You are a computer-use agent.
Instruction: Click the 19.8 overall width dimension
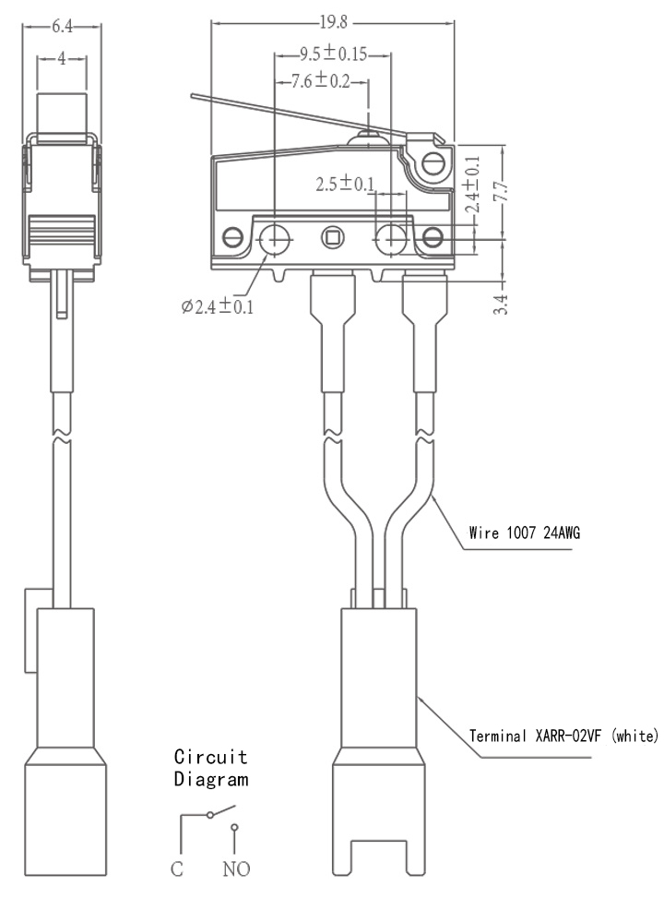[x=333, y=22]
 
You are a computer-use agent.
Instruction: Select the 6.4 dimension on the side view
[x=63, y=27]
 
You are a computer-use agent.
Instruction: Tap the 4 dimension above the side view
[x=61, y=58]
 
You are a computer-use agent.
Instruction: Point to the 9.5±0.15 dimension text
[x=333, y=54]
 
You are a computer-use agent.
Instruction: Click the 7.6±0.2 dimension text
[x=320, y=80]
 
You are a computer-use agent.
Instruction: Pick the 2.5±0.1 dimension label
[x=345, y=184]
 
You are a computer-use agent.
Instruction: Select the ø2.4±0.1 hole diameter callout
[x=218, y=307]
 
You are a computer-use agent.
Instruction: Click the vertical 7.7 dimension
[x=501, y=191]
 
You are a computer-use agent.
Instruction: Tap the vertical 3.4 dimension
[x=501, y=304]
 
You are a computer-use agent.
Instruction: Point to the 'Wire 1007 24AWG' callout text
[x=525, y=533]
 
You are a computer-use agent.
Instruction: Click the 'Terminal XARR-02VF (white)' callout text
[x=563, y=736]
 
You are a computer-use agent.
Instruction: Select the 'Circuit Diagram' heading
[x=211, y=768]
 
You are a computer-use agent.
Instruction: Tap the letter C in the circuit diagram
[x=177, y=868]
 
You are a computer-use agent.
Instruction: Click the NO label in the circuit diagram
[x=236, y=868]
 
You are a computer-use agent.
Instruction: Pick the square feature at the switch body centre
[x=330, y=236]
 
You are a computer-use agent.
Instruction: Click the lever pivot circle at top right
[x=433, y=164]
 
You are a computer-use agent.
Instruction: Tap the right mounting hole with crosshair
[x=390, y=238]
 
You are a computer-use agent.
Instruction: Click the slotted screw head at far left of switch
[x=232, y=236]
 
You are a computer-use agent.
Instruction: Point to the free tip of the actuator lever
[x=193, y=96]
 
